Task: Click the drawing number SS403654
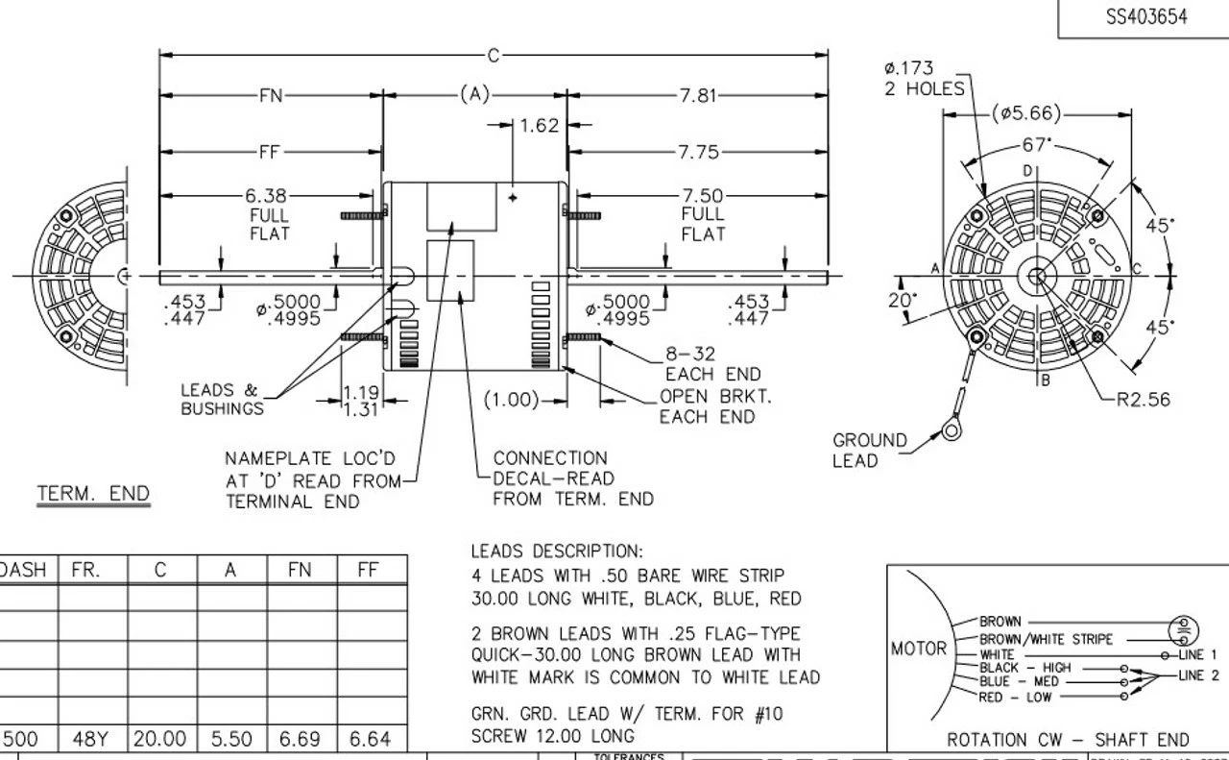1145,16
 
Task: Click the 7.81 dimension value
697,95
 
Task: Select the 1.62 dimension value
539,125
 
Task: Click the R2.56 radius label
1144,399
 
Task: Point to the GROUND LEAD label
869,450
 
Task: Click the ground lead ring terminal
951,430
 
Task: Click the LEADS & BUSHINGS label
221,399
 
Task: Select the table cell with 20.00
160,738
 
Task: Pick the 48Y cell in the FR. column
91,738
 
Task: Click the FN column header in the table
300,570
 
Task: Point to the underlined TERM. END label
93,494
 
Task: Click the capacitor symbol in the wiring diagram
1183,630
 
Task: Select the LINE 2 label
1198,674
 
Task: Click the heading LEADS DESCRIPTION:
556,552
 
